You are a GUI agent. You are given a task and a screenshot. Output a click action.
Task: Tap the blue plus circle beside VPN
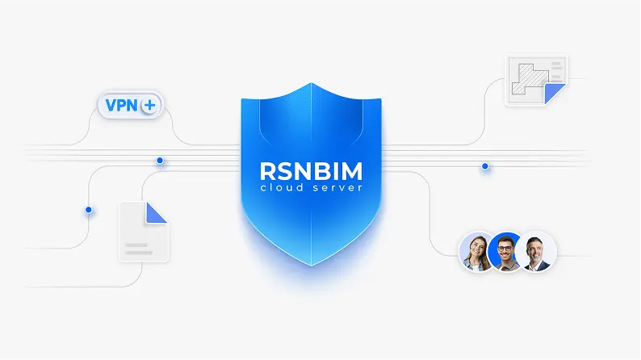[150, 106]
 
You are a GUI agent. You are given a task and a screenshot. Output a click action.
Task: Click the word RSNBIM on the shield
[311, 171]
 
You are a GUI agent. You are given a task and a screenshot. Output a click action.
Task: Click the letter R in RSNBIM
[267, 171]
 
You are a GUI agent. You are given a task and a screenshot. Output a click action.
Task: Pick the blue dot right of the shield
[485, 166]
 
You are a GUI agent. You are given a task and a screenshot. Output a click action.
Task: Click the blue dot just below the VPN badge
[160, 161]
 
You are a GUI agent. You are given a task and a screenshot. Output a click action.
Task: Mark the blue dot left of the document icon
[89, 210]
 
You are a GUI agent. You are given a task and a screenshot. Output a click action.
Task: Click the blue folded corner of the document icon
[157, 212]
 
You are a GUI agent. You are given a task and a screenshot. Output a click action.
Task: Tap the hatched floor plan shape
[526, 79]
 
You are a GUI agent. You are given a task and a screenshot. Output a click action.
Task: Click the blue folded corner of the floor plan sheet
[555, 94]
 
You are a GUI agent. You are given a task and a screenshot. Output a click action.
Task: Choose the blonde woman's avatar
[476, 251]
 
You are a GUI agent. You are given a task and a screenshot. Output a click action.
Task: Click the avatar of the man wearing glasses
[506, 252]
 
